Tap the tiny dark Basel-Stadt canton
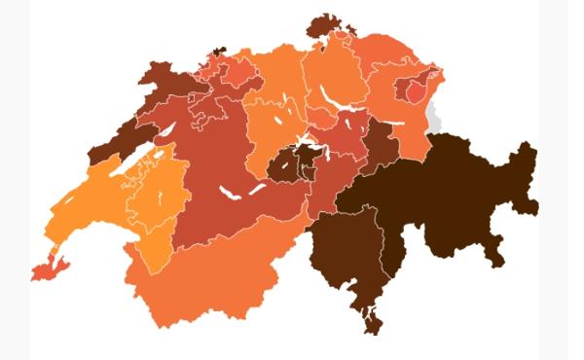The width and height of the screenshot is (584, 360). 219,50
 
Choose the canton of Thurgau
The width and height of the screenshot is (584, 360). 384,54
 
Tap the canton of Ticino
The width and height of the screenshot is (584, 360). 350,263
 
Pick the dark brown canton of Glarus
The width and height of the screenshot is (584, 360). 383,146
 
